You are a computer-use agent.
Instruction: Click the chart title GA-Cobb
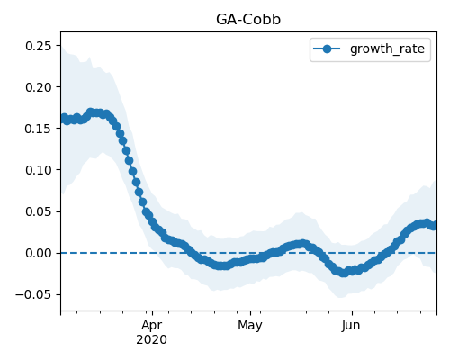tap(248, 20)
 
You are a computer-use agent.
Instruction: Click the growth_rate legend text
tap(387, 49)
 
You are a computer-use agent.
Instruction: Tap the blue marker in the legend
tap(327, 49)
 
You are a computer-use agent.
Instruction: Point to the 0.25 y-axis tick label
tap(39, 46)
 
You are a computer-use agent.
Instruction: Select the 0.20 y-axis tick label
tap(39, 87)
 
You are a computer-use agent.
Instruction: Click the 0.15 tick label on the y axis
tap(39, 129)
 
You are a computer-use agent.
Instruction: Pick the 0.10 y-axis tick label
tap(39, 170)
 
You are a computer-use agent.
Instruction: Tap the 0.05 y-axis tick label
tap(39, 211)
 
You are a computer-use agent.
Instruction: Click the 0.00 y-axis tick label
tap(39, 253)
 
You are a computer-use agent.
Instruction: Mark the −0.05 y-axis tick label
tap(34, 294)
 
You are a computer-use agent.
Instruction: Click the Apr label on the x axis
tap(152, 325)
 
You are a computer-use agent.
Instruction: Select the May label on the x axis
tap(250, 325)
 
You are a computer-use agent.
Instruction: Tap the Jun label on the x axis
tap(351, 325)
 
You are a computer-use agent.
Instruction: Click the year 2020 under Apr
tap(152, 339)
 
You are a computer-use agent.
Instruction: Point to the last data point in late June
tap(434, 225)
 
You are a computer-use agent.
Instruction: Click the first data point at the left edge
tap(64, 118)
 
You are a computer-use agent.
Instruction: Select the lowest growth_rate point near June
tap(344, 273)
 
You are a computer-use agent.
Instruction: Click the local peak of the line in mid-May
tap(303, 244)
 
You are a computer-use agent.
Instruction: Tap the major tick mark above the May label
tap(250, 313)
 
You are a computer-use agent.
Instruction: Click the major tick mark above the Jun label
tap(352, 313)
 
